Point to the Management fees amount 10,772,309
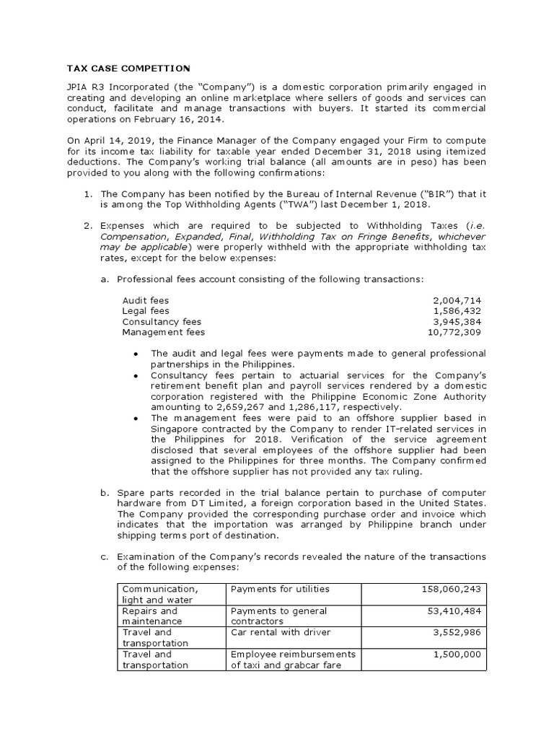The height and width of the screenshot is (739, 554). (454, 332)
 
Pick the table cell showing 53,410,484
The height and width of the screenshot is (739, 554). (454, 611)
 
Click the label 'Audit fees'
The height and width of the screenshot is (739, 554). (146, 299)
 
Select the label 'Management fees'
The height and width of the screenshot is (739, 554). (164, 332)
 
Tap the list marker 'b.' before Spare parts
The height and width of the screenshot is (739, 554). (105, 492)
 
